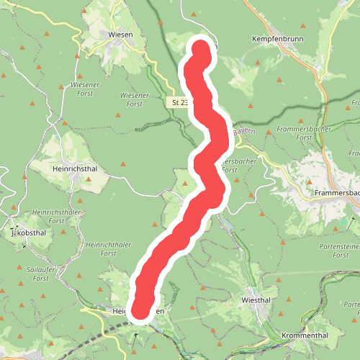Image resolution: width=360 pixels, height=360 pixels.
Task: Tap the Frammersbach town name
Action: click(x=337, y=194)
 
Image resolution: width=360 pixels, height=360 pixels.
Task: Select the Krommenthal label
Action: click(x=302, y=336)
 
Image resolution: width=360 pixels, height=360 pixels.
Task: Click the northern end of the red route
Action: click(x=202, y=49)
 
